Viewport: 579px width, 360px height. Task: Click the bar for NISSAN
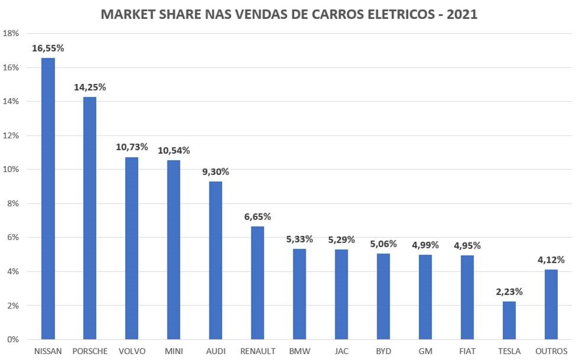pos(48,199)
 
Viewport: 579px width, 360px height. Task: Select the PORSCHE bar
pos(90,218)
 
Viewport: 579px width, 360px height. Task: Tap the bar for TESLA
pos(509,320)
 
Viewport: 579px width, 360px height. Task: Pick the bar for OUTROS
pos(551,304)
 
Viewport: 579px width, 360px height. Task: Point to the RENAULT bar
pos(258,283)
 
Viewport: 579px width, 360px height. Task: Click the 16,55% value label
pos(48,48)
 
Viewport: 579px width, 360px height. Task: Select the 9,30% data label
pos(216,172)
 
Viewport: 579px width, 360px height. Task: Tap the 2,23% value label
pos(509,291)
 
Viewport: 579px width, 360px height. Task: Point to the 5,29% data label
pos(341,239)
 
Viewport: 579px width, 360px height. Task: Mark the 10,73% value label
pos(132,147)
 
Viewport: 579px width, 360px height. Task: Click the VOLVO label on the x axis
pos(132,352)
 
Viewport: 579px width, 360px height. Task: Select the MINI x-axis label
pos(174,352)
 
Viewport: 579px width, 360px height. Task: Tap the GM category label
pos(425,352)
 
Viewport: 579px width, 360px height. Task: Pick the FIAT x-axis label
pos(467,352)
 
